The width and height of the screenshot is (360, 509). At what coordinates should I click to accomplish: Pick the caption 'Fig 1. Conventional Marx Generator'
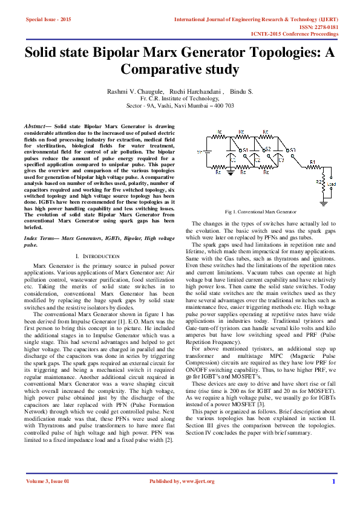click(x=260, y=212)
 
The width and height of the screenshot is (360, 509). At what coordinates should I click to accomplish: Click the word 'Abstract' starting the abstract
click(x=37, y=125)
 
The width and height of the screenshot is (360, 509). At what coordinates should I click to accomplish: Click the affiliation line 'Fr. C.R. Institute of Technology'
click(x=180, y=97)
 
